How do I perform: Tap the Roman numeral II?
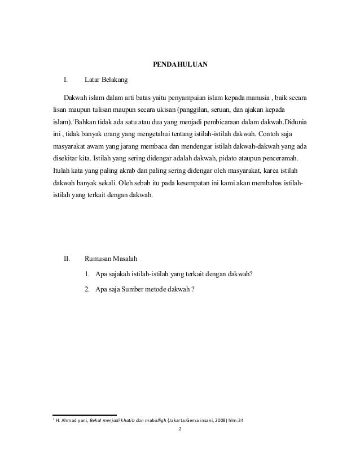tap(66, 260)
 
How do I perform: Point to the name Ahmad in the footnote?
tap(68, 421)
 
